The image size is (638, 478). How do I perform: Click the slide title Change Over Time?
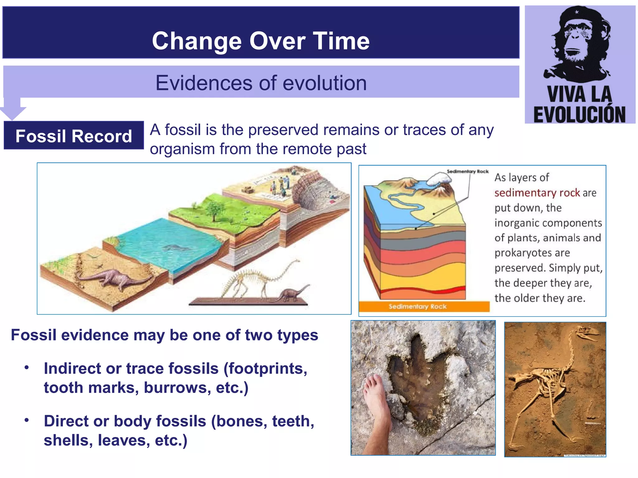tap(260, 41)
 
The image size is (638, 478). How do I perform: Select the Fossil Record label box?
tap(74, 136)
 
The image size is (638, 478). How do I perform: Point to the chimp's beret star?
tap(577, 12)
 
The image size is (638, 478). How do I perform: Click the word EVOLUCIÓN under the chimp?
tap(579, 114)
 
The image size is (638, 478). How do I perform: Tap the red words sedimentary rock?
tap(537, 193)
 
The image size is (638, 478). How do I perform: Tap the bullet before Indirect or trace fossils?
tap(27, 368)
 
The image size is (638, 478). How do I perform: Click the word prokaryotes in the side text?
tap(532, 253)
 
